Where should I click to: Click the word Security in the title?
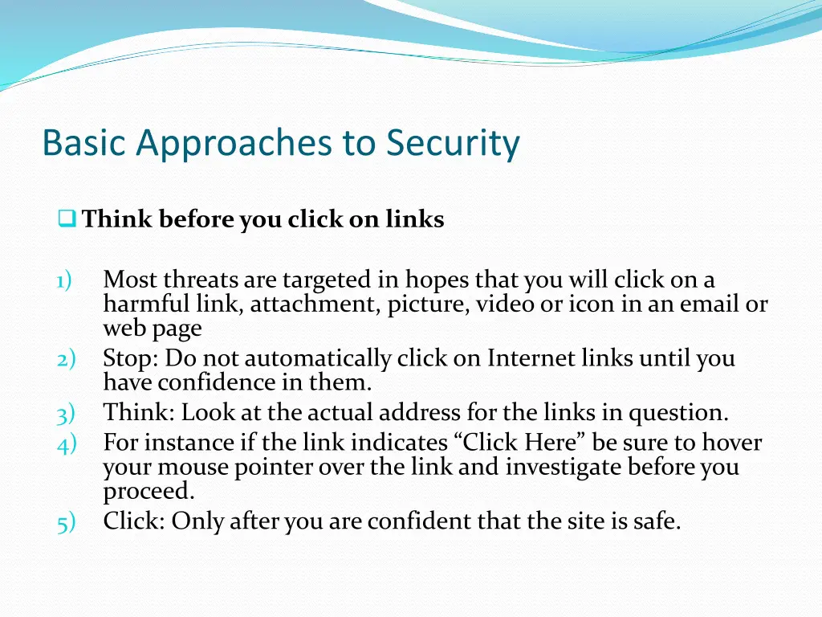point(453,144)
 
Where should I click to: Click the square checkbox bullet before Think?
point(67,219)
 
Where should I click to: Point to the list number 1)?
point(64,280)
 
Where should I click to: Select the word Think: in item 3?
point(138,414)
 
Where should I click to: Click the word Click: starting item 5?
point(133,522)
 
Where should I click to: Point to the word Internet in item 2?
point(530,358)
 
